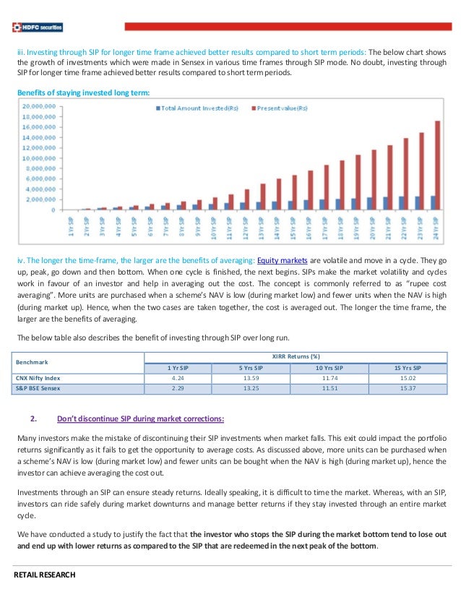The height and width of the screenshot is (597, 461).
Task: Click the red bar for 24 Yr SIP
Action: click(x=436, y=166)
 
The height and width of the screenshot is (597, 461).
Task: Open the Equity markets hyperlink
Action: click(x=288, y=258)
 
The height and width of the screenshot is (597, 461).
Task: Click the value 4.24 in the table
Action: click(x=178, y=378)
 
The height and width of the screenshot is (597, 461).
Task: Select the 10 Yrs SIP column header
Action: click(x=329, y=368)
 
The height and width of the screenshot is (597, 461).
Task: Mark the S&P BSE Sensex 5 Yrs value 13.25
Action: click(x=250, y=389)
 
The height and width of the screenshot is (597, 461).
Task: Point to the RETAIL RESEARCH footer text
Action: click(x=45, y=575)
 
